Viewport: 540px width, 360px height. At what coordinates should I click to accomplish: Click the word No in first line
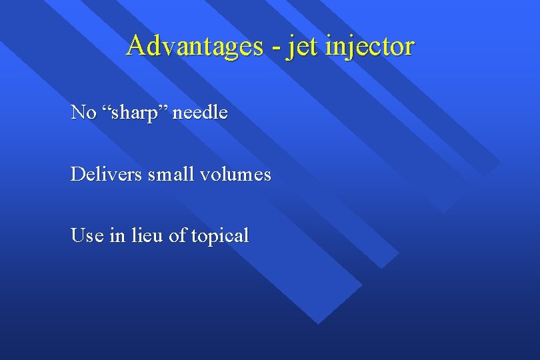coord(83,113)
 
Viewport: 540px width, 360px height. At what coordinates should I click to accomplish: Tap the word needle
coord(200,113)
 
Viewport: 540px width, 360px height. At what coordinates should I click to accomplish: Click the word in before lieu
coord(117,235)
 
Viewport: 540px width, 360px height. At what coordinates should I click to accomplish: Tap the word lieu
coord(147,235)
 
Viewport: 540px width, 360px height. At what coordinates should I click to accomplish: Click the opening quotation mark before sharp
coord(107,108)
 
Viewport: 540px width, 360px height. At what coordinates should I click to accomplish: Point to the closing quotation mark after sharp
coord(166,108)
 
